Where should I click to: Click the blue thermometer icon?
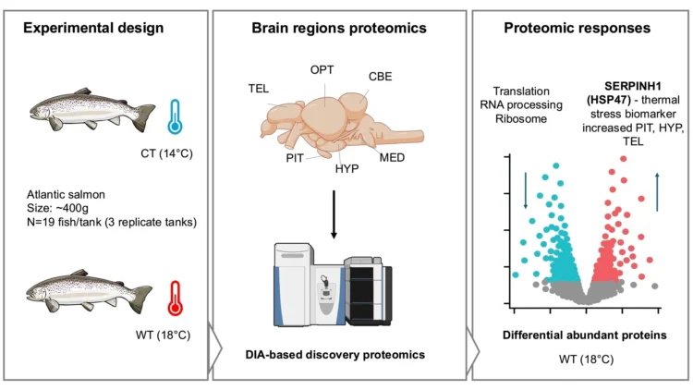coord(175,116)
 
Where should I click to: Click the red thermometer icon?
coord(175,298)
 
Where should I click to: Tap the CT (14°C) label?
coord(166,153)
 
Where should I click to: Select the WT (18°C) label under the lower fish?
coord(163,335)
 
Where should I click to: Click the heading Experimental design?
coord(93,28)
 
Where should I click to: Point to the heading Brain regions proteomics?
coord(339,28)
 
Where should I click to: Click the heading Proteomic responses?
coord(577,28)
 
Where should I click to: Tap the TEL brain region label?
coord(259,89)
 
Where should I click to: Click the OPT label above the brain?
coord(322,70)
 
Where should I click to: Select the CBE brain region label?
coord(380,77)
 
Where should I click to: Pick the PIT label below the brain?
coord(295,158)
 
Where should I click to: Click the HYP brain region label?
coord(346,168)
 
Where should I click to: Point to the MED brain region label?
coord(392,157)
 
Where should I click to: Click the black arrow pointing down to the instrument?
coord(334,214)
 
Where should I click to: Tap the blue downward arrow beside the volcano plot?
coord(526,190)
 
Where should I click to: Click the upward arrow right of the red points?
coord(657,192)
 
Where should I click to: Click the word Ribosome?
coord(520,118)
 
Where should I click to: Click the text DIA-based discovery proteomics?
coord(335,355)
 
